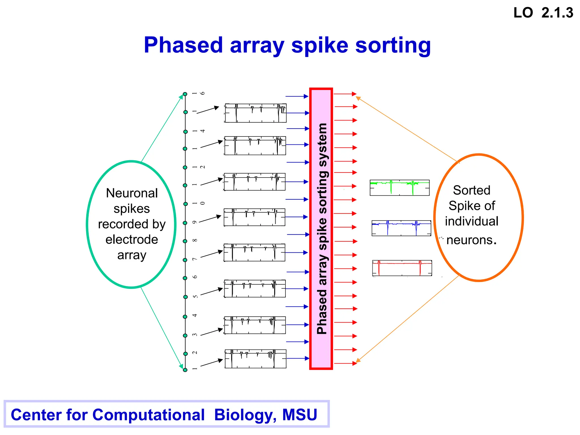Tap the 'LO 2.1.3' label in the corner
[x=543, y=13]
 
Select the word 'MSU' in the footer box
[x=300, y=415]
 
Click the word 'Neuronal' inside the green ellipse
[x=132, y=193]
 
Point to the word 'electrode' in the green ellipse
[x=132, y=240]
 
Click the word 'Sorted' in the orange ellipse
[x=472, y=190]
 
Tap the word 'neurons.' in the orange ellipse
[x=472, y=240]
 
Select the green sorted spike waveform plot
[x=400, y=187]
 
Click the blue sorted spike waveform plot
[x=401, y=228]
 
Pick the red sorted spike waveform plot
[x=402, y=268]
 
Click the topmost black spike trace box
[x=255, y=113]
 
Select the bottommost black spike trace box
[x=255, y=359]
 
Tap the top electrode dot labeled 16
[x=185, y=94]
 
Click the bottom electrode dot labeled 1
[x=185, y=370]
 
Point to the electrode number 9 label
[x=195, y=222]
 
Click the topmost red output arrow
[x=345, y=94]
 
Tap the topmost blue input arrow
[x=297, y=96]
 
